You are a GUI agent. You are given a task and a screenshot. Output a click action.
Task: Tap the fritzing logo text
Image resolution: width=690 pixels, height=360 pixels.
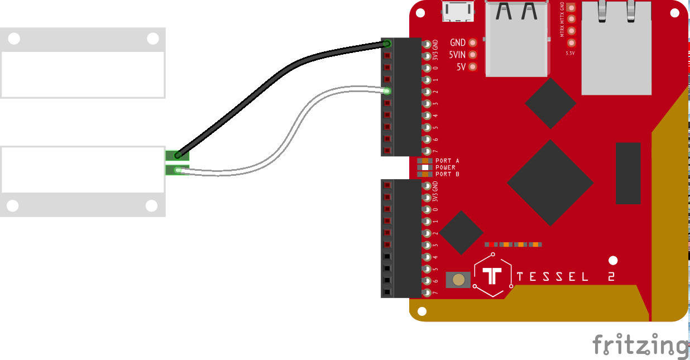(x=640, y=344)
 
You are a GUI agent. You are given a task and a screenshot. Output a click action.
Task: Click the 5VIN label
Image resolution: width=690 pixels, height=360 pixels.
(x=457, y=55)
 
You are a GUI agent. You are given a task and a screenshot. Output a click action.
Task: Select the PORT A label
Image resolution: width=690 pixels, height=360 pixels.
(x=447, y=161)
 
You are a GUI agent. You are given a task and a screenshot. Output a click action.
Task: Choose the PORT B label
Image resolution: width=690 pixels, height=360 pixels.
(x=447, y=174)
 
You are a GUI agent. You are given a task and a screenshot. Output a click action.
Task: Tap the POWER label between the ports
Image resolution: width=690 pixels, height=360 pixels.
(x=445, y=167)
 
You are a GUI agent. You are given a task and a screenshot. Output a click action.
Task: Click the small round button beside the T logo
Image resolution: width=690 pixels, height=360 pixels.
(x=459, y=280)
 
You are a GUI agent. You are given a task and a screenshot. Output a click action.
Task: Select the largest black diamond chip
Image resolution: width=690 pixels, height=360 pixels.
(x=550, y=183)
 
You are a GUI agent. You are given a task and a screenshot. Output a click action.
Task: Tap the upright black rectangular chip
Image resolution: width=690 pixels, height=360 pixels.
(x=628, y=173)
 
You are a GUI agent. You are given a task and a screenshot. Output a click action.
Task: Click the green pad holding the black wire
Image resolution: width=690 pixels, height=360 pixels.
(x=178, y=156)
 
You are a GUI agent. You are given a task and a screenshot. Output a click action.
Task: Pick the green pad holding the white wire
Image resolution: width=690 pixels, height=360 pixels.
(x=178, y=170)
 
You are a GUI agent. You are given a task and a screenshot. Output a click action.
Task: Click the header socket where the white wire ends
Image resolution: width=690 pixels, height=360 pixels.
(x=387, y=91)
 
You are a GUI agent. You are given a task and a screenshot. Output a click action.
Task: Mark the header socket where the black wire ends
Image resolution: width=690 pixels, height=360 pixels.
(x=387, y=44)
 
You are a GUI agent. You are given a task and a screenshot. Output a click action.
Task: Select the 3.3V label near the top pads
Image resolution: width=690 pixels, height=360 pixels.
(x=570, y=54)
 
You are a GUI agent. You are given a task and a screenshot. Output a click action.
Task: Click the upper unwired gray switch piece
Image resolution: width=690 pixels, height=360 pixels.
(x=83, y=63)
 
